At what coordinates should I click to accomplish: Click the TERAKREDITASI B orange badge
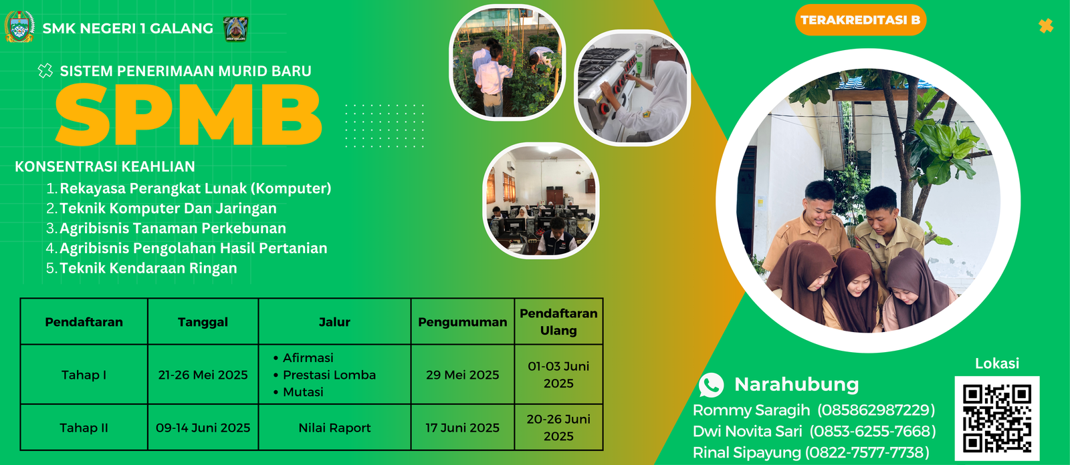tap(860, 20)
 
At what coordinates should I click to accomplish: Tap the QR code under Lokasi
tap(997, 418)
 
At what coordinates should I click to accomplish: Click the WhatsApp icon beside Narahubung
tap(711, 385)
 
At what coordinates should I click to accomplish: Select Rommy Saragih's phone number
tap(876, 410)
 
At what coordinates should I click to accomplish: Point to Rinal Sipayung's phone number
tap(867, 452)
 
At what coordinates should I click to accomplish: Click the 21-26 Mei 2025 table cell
tap(203, 375)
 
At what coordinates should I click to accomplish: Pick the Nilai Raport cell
tap(334, 428)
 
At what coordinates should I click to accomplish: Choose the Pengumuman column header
tap(462, 322)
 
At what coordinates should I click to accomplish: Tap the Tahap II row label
tap(84, 428)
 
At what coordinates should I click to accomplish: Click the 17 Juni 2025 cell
tap(462, 428)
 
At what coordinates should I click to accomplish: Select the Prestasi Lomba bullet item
tap(325, 375)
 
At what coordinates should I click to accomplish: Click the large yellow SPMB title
tap(188, 114)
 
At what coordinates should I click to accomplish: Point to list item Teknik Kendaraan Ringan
tap(142, 268)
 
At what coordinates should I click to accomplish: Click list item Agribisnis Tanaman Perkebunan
tap(167, 228)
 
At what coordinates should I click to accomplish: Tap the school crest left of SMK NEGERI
tap(19, 27)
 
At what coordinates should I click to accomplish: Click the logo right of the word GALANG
tap(236, 29)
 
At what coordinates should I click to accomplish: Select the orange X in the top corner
tap(1046, 26)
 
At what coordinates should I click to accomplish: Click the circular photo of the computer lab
tap(541, 200)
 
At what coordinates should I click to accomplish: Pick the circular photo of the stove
tap(633, 88)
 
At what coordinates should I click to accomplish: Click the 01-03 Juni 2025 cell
tap(558, 375)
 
